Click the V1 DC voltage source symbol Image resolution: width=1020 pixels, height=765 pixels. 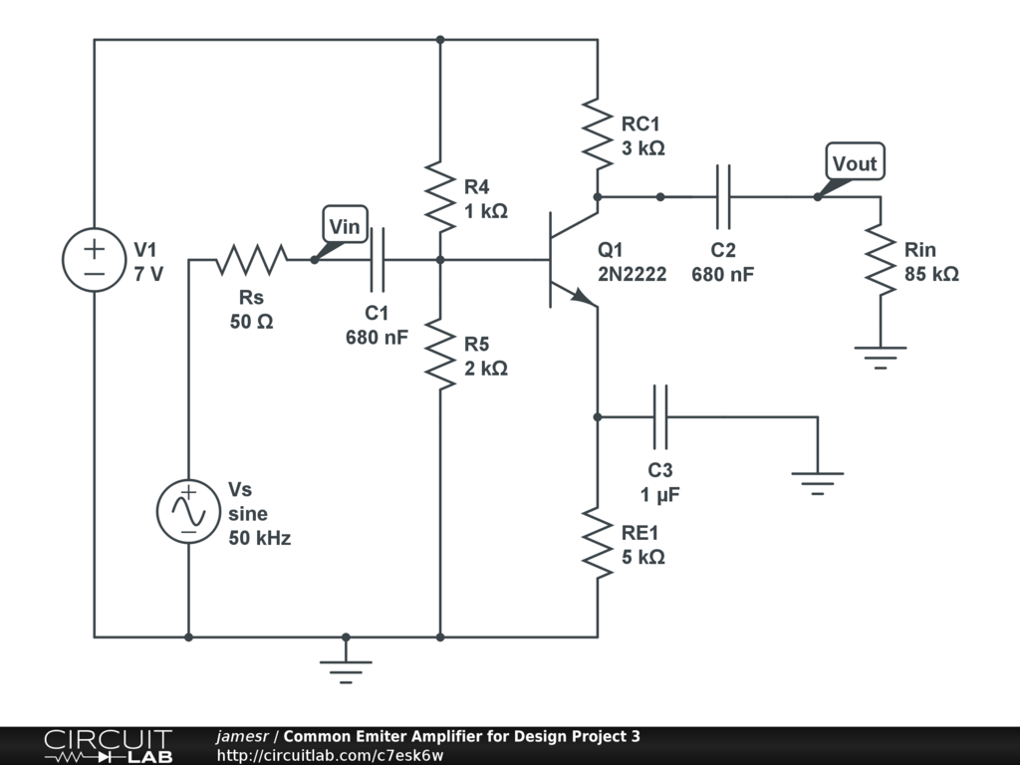click(94, 260)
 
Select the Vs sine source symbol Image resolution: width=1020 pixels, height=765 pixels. click(188, 511)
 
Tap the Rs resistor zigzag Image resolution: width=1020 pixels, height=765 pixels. click(251, 260)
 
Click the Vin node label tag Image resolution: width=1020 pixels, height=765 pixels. click(345, 226)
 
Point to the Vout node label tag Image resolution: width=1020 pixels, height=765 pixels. click(855, 161)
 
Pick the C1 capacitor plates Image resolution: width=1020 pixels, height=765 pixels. click(378, 260)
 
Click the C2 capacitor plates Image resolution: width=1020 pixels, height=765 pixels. click(723, 196)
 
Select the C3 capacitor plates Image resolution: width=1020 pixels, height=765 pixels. click(659, 417)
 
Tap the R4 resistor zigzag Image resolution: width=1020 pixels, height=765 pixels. click(440, 197)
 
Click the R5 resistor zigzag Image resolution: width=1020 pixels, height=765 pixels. click(440, 355)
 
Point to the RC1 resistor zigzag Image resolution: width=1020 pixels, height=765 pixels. click(598, 134)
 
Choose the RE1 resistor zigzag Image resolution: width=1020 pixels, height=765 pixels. click(598, 543)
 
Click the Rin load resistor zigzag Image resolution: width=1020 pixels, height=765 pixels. click(881, 260)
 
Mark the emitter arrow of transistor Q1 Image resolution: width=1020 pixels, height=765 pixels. click(582, 297)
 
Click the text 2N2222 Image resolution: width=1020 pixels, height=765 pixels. click(633, 275)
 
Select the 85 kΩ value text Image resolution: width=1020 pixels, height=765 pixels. click(931, 274)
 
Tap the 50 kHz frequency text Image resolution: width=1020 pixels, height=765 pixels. click(260, 538)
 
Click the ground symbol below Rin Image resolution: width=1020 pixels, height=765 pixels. click(881, 358)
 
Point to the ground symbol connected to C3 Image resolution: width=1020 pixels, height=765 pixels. click(818, 483)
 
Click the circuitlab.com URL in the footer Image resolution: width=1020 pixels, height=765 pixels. click(331, 755)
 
